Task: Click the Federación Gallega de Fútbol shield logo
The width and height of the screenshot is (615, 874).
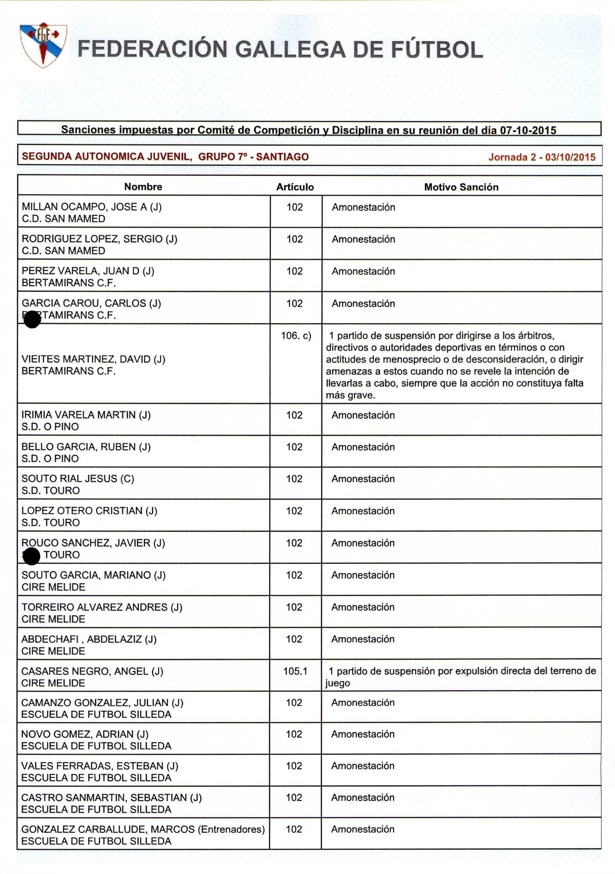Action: (43, 44)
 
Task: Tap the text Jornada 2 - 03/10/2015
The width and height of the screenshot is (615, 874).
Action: (541, 157)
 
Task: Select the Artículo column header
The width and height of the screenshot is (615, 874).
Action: (295, 187)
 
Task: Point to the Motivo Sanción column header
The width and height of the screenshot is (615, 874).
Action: (461, 187)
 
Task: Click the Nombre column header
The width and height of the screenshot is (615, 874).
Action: (143, 187)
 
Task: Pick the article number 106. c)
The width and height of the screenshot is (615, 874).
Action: (296, 336)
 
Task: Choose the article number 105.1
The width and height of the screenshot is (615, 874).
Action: (295, 671)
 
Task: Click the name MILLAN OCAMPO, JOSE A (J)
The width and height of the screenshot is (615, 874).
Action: (92, 207)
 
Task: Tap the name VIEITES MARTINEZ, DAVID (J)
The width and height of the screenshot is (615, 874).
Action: (93, 359)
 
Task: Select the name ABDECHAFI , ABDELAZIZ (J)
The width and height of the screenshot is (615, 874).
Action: (89, 639)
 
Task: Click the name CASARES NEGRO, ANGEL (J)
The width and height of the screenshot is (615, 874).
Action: (92, 671)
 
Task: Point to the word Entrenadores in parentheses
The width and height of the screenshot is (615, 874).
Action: (231, 830)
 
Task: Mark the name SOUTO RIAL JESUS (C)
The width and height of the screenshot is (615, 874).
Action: (78, 479)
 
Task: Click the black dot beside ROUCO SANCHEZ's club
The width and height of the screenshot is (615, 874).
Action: (31, 557)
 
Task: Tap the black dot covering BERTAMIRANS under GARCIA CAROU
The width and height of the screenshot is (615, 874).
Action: (32, 319)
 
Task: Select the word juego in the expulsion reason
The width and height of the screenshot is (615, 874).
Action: (337, 683)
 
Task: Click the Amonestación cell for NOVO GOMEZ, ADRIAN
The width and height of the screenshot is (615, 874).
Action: (362, 734)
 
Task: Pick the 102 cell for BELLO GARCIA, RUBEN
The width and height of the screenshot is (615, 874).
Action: (294, 447)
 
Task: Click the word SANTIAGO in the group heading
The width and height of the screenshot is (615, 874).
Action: (282, 157)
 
